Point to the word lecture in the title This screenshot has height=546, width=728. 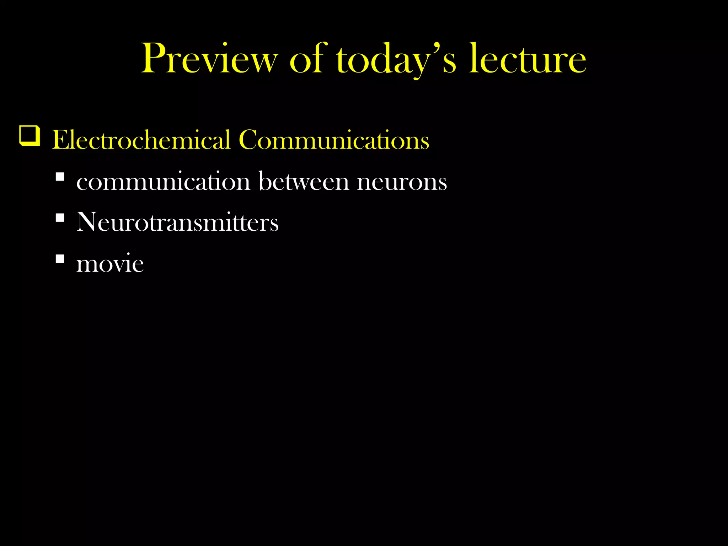click(x=528, y=59)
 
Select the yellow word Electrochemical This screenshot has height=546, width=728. click(x=141, y=140)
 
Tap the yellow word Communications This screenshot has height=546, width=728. click(x=334, y=140)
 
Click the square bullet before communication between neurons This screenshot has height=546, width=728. click(x=60, y=177)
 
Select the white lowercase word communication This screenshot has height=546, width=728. click(x=164, y=182)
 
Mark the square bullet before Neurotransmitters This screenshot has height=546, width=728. click(x=60, y=217)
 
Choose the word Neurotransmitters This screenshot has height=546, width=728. click(x=177, y=222)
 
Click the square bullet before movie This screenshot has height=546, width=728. click(x=60, y=258)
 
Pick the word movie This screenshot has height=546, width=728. click(x=110, y=263)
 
